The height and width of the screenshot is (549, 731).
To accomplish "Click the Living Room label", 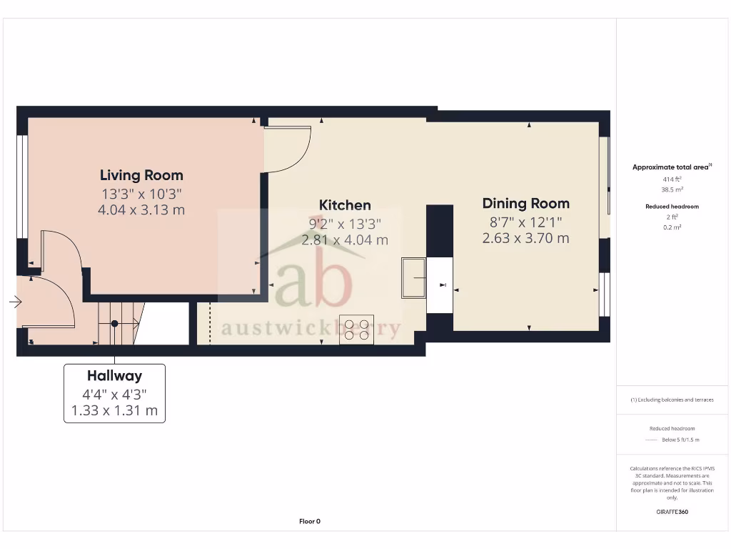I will [141, 175].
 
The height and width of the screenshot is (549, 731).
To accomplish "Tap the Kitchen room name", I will [345, 205].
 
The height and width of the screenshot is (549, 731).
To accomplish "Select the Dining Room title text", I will [526, 204].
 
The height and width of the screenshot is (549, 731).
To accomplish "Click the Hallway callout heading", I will [114, 375].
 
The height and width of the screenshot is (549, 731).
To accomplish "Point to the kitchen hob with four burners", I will [356, 330].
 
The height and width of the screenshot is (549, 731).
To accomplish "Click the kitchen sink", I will [414, 277].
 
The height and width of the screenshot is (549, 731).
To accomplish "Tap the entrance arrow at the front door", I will [15, 302].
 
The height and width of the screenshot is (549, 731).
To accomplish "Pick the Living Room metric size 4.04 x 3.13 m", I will [141, 209].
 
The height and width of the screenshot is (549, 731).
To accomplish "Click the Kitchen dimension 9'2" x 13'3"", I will [345, 224].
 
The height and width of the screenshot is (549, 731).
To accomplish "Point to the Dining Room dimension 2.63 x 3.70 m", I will [526, 238].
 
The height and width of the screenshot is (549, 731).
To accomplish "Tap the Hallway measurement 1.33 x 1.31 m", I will [114, 411].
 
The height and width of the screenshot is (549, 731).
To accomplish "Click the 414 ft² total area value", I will [672, 179].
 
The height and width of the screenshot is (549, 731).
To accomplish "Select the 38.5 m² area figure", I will [672, 189].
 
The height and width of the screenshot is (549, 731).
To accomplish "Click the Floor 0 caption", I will [310, 521].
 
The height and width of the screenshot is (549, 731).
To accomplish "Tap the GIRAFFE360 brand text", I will [672, 512].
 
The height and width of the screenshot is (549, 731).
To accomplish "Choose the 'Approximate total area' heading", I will [670, 167].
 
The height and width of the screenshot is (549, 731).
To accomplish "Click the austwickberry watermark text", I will [311, 329].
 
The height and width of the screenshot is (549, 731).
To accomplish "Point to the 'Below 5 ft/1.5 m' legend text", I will [680, 440].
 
